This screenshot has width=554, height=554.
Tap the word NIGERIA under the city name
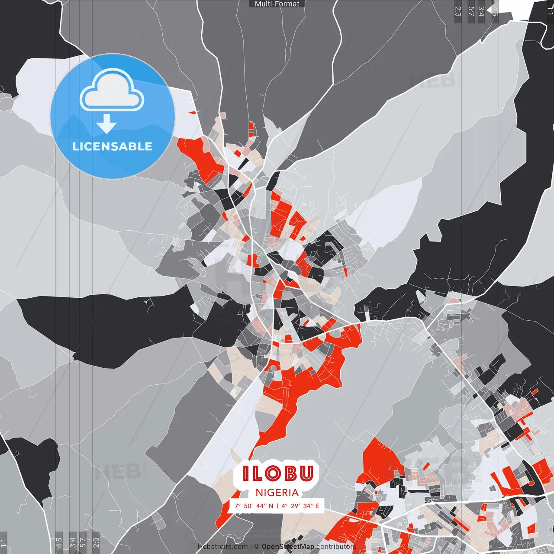pyautogui.click(x=277, y=493)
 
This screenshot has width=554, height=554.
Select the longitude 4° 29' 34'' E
pyautogui.click(x=300, y=506)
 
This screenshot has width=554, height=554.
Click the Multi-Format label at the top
pyautogui.click(x=277, y=4)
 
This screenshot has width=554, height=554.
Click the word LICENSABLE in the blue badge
pyautogui.click(x=113, y=146)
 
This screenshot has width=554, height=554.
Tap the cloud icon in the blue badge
pyautogui.click(x=112, y=90)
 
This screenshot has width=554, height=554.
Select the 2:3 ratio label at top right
pyautogui.click(x=458, y=11)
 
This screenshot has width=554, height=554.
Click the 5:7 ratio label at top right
pyautogui.click(x=471, y=11)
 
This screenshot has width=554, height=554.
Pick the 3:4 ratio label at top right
pyautogui.click(x=481, y=11)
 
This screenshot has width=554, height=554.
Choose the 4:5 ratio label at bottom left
pyautogui.click(x=59, y=543)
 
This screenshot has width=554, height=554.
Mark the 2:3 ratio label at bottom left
pyautogui.click(x=96, y=543)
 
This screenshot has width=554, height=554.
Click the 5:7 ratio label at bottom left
pyautogui.click(x=83, y=543)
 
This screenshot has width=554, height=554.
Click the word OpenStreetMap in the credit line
pyautogui.click(x=288, y=547)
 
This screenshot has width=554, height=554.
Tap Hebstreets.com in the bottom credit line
pyautogui.click(x=222, y=547)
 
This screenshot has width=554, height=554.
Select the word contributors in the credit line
pyautogui.click(x=336, y=547)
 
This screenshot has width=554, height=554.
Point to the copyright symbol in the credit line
pyautogui.click(x=256, y=547)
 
